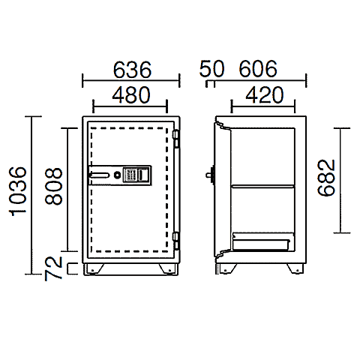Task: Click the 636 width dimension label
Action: pos(132,69)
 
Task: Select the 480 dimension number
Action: pos(131,95)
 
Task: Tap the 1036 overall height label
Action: pos(18,191)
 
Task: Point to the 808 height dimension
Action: pos(53,187)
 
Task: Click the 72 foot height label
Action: pos(53,268)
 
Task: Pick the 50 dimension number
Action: pos(211,68)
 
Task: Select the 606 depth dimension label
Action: pos(258,68)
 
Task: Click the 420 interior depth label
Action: pos(265,95)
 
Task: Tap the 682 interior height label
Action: pos(326,178)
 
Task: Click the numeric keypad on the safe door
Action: pos(130,175)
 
